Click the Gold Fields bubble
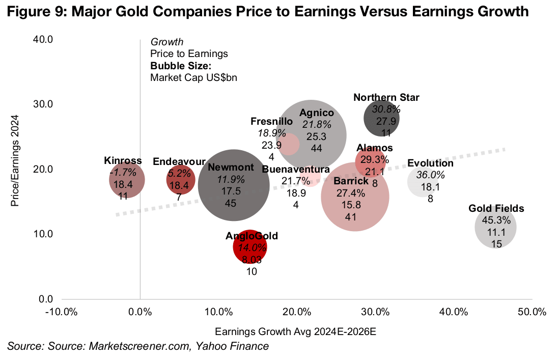[x=495, y=227]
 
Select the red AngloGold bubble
[x=250, y=247]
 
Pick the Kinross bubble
[x=127, y=179]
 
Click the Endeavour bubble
[x=181, y=179]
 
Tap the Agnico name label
[x=316, y=113]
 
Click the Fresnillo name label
[x=271, y=122]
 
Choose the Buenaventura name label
[x=296, y=170]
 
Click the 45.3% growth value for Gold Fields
[x=496, y=220]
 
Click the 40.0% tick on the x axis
[x=454, y=311]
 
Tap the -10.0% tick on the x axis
[x=62, y=311]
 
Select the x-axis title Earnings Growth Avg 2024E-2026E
[x=296, y=331]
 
